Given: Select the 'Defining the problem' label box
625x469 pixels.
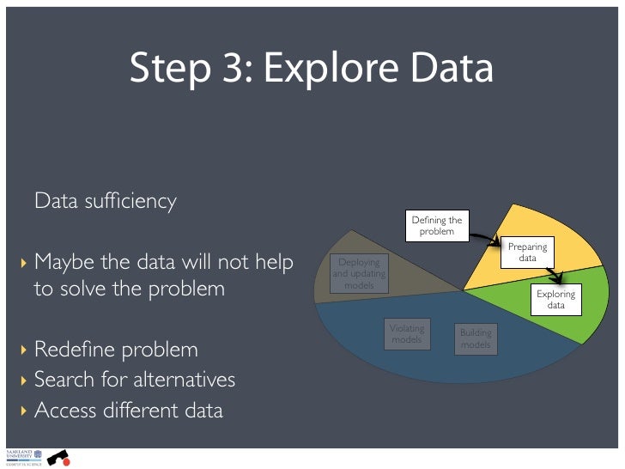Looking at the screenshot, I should (436, 225).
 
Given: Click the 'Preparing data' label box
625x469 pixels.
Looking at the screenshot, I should (527, 252).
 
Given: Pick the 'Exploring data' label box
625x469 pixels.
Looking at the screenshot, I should (555, 299).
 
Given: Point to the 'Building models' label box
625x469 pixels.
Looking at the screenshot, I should (475, 338).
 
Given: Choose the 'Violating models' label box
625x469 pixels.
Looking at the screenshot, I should (406, 334).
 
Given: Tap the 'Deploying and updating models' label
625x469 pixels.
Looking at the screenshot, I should (359, 273).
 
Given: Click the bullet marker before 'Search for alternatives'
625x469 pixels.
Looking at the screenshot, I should (24, 381).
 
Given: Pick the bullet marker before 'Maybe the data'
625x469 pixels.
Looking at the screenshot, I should (24, 261).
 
